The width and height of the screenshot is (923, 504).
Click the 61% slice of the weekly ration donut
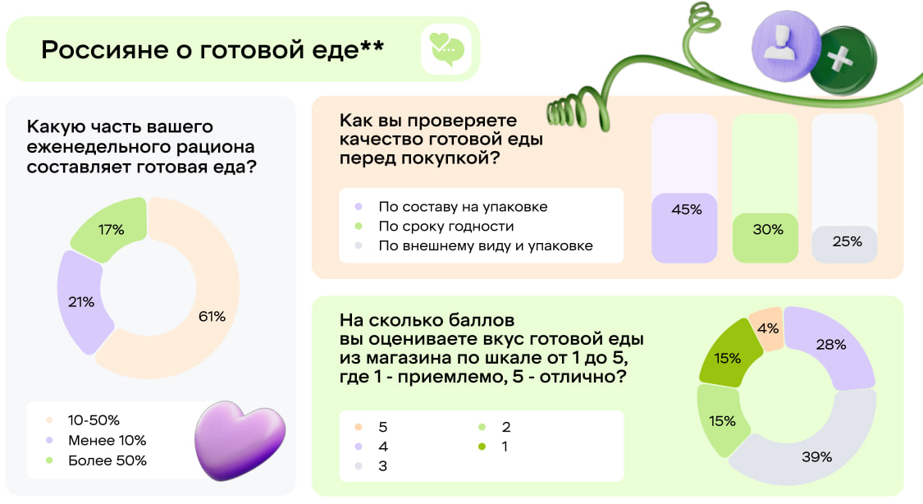tap(212, 316)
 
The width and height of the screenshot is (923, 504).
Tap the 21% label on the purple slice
tap(81, 302)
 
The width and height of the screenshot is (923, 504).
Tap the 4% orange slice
tap(768, 328)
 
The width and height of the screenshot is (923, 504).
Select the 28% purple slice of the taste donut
tap(829, 345)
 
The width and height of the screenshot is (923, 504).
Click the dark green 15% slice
tap(727, 358)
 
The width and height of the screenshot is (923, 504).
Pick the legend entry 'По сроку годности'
tap(446, 226)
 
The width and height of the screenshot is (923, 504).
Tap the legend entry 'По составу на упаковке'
tap(462, 207)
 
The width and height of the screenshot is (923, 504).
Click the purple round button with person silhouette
tap(785, 50)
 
